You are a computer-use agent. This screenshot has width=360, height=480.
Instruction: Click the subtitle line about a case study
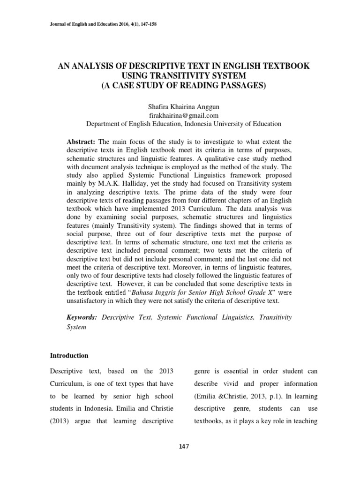click(180, 85)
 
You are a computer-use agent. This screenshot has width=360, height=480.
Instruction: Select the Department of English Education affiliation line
click(183, 124)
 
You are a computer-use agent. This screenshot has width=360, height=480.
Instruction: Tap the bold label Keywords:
click(82, 317)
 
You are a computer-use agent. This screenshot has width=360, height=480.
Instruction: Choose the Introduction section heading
click(69, 356)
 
